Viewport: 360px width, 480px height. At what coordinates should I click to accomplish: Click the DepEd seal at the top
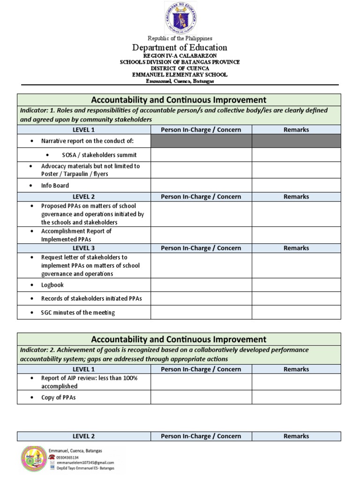coord(180,17)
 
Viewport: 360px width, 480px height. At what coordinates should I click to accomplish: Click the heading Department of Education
coord(180,47)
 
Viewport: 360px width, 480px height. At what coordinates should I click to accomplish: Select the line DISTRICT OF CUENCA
coord(180,68)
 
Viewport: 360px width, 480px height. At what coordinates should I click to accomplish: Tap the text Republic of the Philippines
coord(180,38)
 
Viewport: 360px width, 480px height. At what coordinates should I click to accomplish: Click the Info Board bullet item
coord(55,186)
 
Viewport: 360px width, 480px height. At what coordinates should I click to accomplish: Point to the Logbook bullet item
coord(52,285)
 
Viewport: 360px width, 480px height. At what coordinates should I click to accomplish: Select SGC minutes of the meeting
coord(78,313)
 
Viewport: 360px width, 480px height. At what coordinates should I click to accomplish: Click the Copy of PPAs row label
coord(58,397)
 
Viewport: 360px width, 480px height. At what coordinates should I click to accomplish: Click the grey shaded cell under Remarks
coord(296,141)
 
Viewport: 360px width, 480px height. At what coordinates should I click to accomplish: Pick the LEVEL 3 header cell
coord(83,248)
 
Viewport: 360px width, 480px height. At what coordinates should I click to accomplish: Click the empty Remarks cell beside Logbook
coord(296,285)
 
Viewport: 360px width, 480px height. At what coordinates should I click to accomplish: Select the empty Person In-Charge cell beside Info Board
coord(201,186)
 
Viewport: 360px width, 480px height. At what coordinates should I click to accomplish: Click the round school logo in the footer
coord(33,459)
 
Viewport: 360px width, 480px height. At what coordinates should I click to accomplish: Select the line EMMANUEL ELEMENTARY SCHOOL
coord(180,75)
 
